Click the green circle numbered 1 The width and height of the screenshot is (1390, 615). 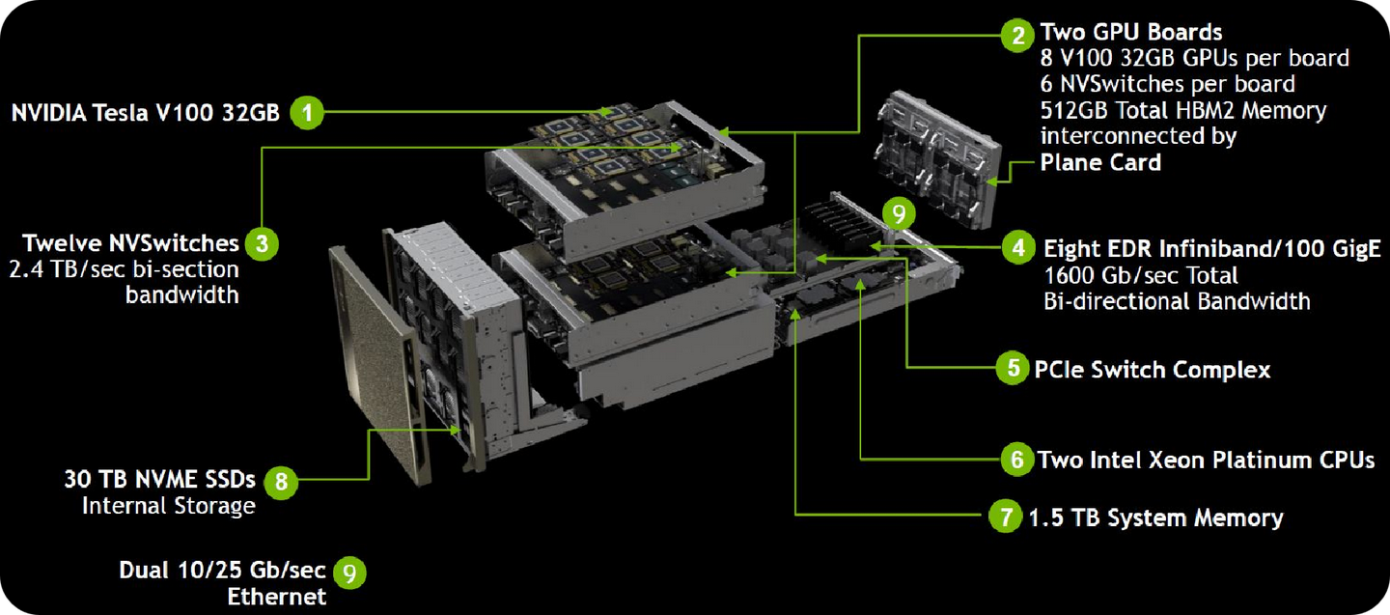click(x=307, y=113)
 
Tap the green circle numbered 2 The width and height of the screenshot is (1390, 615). click(x=1016, y=37)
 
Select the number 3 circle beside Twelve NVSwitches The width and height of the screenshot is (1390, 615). click(x=261, y=243)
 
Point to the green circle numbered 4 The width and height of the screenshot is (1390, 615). click(x=1018, y=247)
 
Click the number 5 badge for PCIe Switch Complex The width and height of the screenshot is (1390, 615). click(x=1013, y=369)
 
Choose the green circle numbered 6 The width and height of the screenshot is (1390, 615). click(x=1016, y=460)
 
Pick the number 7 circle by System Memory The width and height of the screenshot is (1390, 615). click(x=1005, y=517)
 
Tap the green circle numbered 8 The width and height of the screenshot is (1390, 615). click(x=280, y=481)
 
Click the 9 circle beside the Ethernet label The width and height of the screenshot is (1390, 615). click(x=349, y=573)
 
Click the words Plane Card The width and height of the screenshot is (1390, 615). click(x=1100, y=162)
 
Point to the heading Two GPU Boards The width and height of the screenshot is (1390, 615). click(x=1130, y=33)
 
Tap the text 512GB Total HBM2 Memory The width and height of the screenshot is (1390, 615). click(x=1182, y=110)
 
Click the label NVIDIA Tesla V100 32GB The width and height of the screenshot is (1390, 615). click(x=145, y=113)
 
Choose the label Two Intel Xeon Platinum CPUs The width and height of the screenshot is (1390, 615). click(x=1206, y=460)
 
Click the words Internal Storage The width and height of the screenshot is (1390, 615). click(x=169, y=505)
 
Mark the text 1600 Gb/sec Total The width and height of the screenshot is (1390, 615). click(x=1141, y=275)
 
